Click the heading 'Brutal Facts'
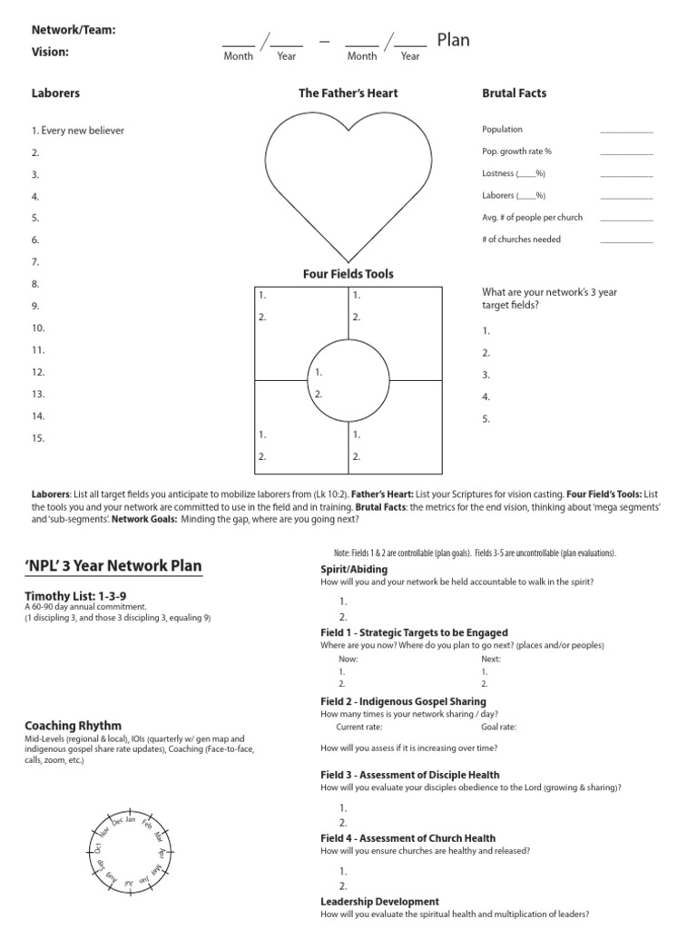(514, 93)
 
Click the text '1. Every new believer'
(78, 131)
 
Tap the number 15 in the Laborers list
(38, 438)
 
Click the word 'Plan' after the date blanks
(454, 41)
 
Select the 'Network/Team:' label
(74, 30)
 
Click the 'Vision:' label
(50, 53)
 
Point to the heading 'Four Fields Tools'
(348, 274)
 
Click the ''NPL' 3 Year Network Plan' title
(113, 567)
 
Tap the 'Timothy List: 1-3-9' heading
(74, 595)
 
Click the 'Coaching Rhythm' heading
(73, 726)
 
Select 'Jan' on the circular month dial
(130, 820)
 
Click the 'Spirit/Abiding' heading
(354, 570)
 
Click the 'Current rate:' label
(359, 727)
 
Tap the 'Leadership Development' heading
(379, 902)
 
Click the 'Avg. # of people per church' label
(533, 218)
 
